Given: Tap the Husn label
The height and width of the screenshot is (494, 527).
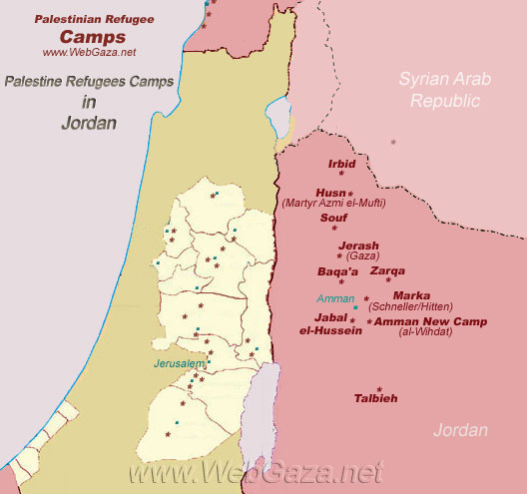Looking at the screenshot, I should [329, 192].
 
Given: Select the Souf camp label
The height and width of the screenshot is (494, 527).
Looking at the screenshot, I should [332, 217].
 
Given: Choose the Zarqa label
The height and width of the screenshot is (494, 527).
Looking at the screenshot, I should [388, 270].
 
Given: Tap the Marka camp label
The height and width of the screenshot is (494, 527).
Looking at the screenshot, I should [411, 295].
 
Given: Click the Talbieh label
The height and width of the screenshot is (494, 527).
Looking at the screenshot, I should [375, 398].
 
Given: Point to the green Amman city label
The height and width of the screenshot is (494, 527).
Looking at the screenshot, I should [333, 298].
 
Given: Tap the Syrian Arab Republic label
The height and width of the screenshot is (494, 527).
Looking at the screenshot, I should [440, 89].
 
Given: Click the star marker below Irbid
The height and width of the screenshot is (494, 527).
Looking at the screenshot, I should [341, 174].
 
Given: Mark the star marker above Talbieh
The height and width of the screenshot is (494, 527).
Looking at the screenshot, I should [378, 389].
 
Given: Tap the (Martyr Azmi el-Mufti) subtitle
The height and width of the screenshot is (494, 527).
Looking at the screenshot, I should [333, 203].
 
